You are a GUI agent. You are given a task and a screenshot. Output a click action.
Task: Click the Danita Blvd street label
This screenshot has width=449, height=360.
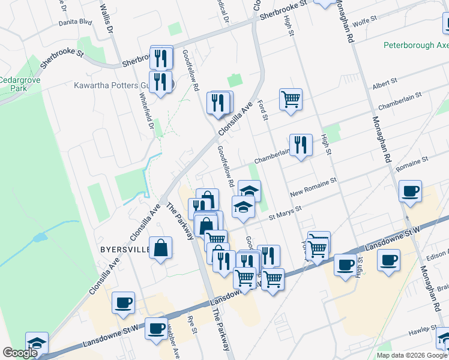(x=75, y=22)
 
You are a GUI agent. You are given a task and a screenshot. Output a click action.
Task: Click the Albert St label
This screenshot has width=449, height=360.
(x=385, y=81)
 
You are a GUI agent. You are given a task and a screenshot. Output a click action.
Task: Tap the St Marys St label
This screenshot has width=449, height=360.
(x=285, y=211)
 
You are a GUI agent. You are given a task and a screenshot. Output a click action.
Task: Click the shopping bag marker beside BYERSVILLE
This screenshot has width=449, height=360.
(x=161, y=248)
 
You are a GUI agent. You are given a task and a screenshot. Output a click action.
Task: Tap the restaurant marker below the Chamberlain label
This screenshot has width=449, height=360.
(x=301, y=145)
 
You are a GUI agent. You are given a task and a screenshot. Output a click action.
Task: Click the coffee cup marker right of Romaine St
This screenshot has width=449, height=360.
(x=411, y=191)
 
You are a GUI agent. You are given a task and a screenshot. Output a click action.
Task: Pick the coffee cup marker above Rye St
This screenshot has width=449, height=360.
(x=157, y=328)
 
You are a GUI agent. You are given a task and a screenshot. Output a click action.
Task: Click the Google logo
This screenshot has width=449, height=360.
(x=20, y=353)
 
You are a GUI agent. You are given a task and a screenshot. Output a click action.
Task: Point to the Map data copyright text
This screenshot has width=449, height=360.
(x=412, y=355)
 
